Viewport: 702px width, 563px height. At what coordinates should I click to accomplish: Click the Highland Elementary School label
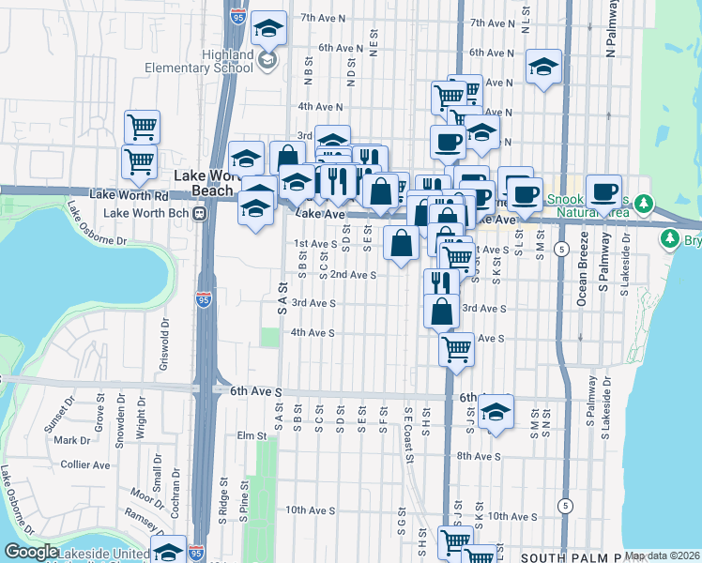tap(199, 60)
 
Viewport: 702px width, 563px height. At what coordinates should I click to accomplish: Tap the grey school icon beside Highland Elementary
tap(268, 61)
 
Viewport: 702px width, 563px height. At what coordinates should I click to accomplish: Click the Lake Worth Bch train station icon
tap(199, 213)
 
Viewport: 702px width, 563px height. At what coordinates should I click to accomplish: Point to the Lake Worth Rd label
tap(129, 195)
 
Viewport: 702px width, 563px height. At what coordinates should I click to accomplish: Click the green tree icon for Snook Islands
tap(643, 203)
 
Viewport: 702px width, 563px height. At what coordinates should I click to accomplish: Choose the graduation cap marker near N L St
tap(543, 67)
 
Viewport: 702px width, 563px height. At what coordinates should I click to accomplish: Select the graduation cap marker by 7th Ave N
tap(268, 28)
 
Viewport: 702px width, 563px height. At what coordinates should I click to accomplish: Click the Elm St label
tap(252, 435)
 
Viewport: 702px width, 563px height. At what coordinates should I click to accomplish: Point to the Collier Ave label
tap(86, 464)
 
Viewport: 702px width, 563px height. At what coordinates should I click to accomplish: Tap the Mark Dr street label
tap(71, 440)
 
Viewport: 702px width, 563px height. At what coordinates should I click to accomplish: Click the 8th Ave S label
tap(481, 456)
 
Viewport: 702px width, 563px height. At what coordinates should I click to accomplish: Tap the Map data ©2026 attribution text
tap(661, 555)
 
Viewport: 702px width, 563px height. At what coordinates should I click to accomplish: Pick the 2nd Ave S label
tap(352, 275)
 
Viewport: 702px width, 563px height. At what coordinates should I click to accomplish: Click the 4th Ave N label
tap(321, 108)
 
